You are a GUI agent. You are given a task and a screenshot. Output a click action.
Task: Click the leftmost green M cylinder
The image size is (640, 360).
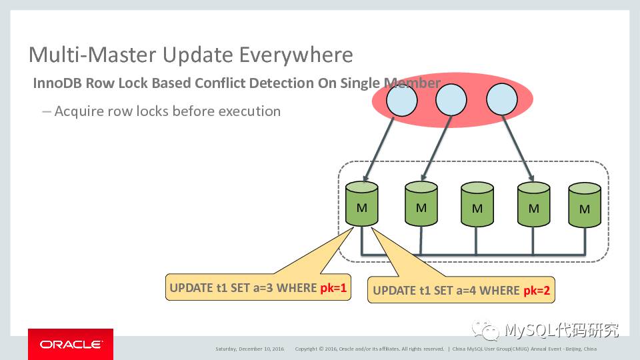pyautogui.click(x=361, y=207)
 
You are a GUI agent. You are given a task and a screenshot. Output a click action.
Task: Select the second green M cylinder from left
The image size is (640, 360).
pyautogui.click(x=421, y=207)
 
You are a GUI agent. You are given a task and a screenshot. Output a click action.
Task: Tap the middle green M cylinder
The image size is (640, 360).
pyautogui.click(x=477, y=208)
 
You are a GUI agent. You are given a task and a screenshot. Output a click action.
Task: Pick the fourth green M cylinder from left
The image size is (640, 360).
pyautogui.click(x=533, y=208)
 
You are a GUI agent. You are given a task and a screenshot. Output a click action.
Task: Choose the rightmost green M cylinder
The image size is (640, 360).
pyautogui.click(x=585, y=208)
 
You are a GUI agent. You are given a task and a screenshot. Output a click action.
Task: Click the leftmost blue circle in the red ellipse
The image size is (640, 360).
pyautogui.click(x=401, y=101)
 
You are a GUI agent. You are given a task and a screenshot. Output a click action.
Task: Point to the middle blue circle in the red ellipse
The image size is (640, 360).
pyautogui.click(x=452, y=101)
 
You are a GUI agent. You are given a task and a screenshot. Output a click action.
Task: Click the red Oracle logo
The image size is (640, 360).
pyautogui.click(x=71, y=344)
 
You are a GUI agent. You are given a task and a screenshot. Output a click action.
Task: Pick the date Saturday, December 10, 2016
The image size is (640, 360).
pyautogui.click(x=249, y=349)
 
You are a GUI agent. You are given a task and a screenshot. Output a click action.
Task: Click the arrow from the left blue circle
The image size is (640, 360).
pyautogui.click(x=380, y=147)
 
